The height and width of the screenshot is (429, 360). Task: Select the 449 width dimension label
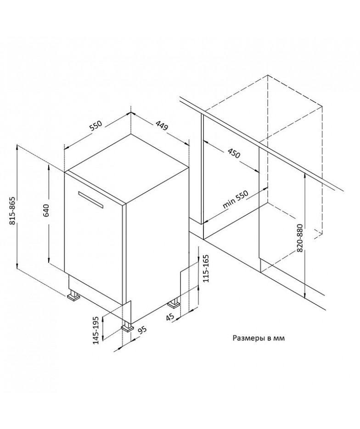[162, 126]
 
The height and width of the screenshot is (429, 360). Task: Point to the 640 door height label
[46, 210]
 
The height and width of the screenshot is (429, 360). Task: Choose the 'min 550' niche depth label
[236, 200]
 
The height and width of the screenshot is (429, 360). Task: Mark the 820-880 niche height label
[300, 238]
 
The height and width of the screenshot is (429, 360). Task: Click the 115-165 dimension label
[206, 268]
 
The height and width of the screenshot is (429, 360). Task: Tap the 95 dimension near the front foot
[142, 330]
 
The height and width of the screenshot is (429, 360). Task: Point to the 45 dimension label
[170, 317]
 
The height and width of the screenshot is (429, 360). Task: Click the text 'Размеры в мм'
[259, 338]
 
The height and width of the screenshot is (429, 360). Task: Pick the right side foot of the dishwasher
[174, 303]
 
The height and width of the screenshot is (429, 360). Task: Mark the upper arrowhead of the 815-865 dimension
[17, 148]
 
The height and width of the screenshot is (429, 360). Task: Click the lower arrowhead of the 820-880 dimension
[305, 295]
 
